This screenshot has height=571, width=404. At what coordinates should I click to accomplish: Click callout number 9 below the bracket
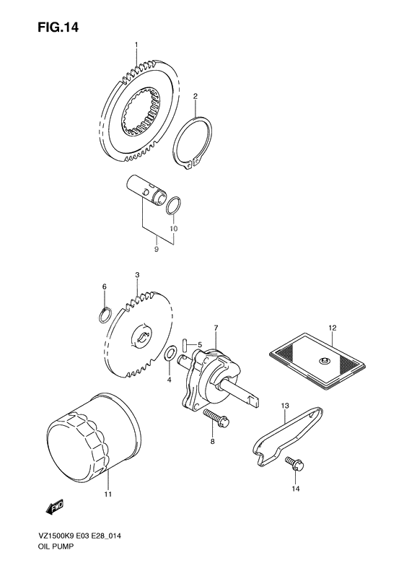point(157,250)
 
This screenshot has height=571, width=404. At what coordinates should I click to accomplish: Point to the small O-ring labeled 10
point(173,205)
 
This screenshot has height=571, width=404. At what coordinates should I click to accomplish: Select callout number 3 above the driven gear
point(136,276)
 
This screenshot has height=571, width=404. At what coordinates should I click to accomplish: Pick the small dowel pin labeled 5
point(185,345)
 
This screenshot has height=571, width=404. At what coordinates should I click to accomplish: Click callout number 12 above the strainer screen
point(332,328)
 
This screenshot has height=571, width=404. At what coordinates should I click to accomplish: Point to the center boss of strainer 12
point(322,362)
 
